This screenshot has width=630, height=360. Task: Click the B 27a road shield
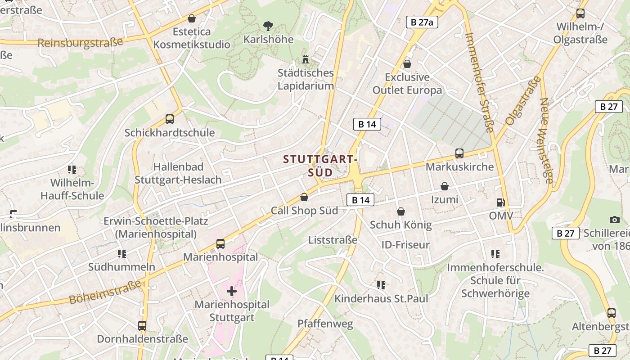pyautogui.click(x=422, y=22)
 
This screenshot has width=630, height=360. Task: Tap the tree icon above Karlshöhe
pyautogui.click(x=268, y=26)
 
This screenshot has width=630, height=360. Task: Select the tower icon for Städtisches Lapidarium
pyautogui.click(x=306, y=59)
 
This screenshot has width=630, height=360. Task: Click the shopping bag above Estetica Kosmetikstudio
pyautogui.click(x=192, y=18)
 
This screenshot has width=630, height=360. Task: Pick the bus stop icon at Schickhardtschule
pyautogui.click(x=169, y=119)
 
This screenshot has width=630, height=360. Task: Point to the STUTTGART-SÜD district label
pyautogui.click(x=320, y=166)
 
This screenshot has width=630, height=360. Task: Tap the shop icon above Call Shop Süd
pyautogui.click(x=304, y=197)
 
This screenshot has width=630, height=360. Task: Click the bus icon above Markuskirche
pyautogui.click(x=459, y=153)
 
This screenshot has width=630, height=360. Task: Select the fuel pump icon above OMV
pyautogui.click(x=500, y=202)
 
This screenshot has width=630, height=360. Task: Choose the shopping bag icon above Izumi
pyautogui.click(x=445, y=186)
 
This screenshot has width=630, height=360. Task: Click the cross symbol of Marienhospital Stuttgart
pyautogui.click(x=232, y=291)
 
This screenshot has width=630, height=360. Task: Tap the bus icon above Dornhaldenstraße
pyautogui.click(x=142, y=325)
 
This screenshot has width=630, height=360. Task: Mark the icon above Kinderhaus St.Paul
pyautogui.click(x=381, y=285)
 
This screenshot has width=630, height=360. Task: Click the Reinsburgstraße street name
pyautogui.click(x=80, y=43)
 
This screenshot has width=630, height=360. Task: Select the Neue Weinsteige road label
pyautogui.click(x=546, y=140)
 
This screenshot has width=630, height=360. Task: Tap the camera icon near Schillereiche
pyautogui.click(x=614, y=220)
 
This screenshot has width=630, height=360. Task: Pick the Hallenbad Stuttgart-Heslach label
pyautogui.click(x=178, y=173)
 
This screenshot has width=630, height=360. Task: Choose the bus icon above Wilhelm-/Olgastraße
pyautogui.click(x=580, y=13)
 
